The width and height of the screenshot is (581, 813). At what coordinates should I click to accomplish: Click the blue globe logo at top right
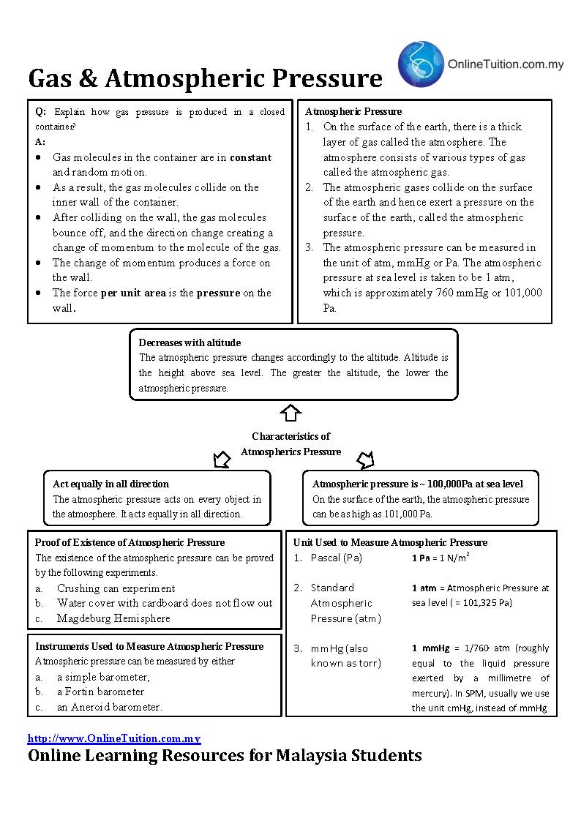pyautogui.click(x=421, y=64)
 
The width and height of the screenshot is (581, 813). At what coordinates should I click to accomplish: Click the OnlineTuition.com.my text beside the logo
pyautogui.click(x=506, y=64)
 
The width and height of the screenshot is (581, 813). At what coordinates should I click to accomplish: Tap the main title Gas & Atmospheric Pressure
pyautogui.click(x=205, y=78)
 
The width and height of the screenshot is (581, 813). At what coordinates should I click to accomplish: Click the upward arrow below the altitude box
pyautogui.click(x=290, y=412)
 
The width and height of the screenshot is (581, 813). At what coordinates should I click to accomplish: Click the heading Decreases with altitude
pyautogui.click(x=190, y=342)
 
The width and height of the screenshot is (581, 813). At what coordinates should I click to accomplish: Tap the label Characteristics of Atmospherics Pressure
pyautogui.click(x=290, y=444)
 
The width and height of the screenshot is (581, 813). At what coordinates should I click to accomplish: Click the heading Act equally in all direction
pyautogui.click(x=110, y=484)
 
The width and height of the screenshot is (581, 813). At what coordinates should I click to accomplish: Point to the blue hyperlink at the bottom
pyautogui.click(x=114, y=738)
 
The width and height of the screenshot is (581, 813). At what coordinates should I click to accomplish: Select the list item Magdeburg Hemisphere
pyautogui.click(x=113, y=618)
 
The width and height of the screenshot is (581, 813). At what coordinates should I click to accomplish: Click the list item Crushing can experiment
pyautogui.click(x=116, y=588)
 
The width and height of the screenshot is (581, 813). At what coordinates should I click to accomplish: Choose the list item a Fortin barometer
pyautogui.click(x=100, y=692)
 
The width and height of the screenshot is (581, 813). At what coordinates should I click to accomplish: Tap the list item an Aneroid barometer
pyautogui.click(x=109, y=707)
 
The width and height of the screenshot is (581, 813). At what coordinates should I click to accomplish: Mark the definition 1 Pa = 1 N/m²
pyautogui.click(x=441, y=558)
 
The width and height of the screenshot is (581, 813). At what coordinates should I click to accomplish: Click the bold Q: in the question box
pyautogui.click(x=40, y=112)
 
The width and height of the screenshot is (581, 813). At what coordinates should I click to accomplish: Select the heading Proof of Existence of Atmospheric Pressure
pyautogui.click(x=130, y=542)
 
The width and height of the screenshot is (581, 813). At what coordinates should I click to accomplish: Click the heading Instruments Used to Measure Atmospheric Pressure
pyautogui.click(x=149, y=646)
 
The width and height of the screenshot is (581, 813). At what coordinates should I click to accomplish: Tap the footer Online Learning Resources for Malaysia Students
pyautogui.click(x=225, y=755)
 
